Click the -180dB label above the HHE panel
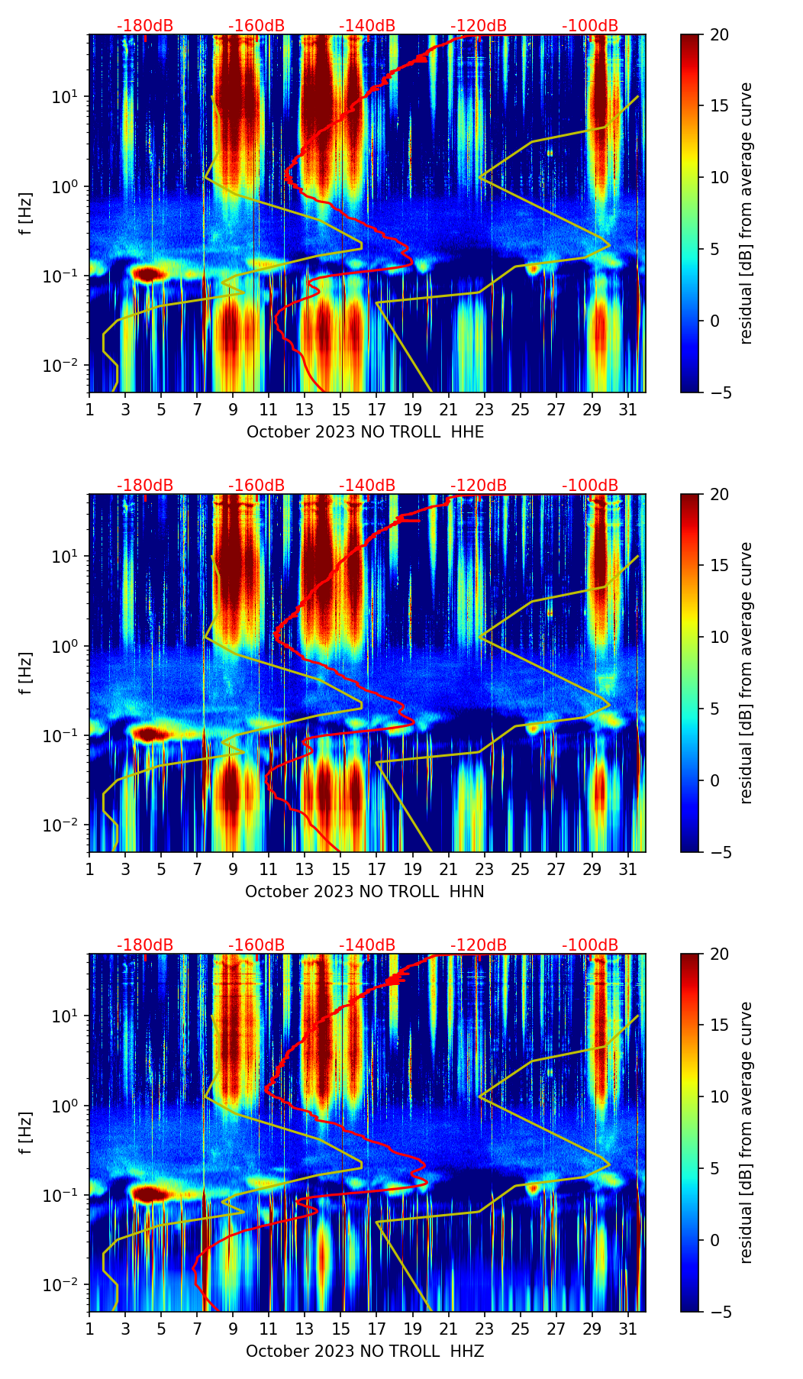coord(145,26)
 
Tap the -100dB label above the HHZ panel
coord(590,945)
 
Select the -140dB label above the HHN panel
coord(367,486)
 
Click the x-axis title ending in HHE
coord(365,431)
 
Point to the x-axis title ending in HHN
coord(365,891)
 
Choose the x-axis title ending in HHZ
coord(365,1351)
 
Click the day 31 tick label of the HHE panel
coord(627,410)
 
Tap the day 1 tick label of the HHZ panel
coord(89,1329)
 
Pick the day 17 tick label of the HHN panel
coord(376,870)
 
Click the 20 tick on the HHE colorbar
coord(720,34)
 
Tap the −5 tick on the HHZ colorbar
coord(720,1312)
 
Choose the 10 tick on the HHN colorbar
coord(720,637)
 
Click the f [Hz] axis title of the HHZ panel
coord(26,1132)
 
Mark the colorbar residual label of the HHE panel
coord(747,213)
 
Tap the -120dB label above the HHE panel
coord(479,26)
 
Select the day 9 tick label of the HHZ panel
coord(233,1329)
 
